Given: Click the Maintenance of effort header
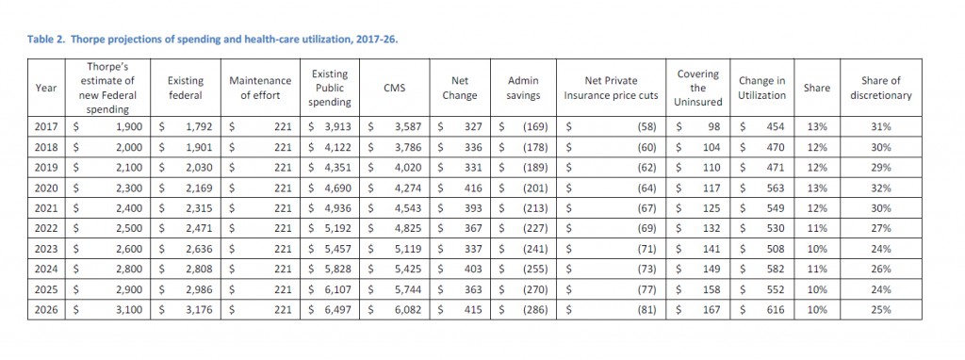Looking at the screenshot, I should tap(259, 88).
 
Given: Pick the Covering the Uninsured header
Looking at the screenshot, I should tap(697, 88).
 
